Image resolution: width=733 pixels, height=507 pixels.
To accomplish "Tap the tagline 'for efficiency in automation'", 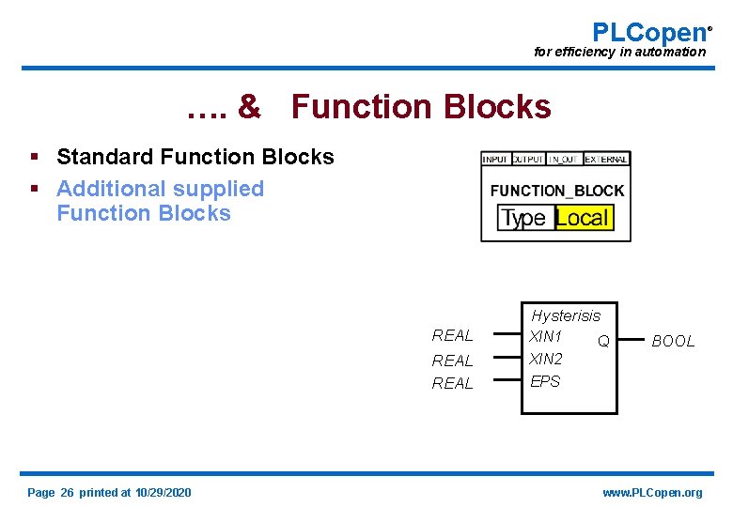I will pos(619,53).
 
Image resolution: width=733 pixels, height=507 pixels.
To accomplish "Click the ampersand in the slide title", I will pos(249,107).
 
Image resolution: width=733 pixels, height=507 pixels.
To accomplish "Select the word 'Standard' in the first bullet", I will pos(102,157).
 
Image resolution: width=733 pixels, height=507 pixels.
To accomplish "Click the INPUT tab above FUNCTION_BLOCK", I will pos(495,160).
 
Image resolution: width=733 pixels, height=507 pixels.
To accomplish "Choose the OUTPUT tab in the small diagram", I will pos(528,160).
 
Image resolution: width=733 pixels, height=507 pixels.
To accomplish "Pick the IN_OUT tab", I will pos(565,160).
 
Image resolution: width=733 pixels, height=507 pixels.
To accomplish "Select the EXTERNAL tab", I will pos(606,160).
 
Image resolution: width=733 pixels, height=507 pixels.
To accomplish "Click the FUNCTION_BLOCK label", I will pos(556,191).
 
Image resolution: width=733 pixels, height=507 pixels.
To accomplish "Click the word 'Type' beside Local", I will pos(523,219).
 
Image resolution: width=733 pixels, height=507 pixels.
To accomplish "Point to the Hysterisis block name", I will pos(565,315).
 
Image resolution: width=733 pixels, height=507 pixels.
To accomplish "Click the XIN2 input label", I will pos(546,359).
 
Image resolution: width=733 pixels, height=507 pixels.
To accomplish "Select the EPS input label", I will pos(545,381).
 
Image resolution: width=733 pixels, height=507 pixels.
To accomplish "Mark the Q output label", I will pos(603,341).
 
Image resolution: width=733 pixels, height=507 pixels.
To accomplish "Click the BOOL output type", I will pos(673,341).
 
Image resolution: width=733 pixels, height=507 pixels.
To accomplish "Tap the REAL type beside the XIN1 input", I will pos(452,336).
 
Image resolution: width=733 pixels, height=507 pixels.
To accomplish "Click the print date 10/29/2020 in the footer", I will pos(163,493).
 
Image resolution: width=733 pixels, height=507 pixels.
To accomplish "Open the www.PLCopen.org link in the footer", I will pos(652,493).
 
